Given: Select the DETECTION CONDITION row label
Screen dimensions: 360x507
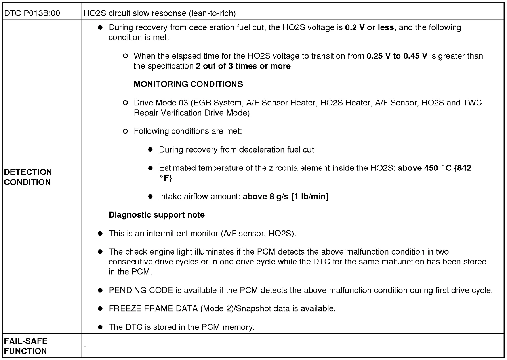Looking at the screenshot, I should coord(28,177).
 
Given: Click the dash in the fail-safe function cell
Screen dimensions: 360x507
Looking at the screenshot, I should coord(85,346).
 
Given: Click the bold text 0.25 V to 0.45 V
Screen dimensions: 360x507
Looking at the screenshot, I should coord(397,56).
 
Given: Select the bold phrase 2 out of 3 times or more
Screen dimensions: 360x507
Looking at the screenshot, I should coord(243,66).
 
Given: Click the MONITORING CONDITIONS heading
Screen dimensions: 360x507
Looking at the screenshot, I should coord(189,84).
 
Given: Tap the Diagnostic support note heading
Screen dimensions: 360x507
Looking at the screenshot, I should coord(157,215).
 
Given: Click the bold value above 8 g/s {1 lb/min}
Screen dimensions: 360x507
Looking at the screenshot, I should coord(286,196).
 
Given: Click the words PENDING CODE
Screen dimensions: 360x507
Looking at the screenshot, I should coord(141,290).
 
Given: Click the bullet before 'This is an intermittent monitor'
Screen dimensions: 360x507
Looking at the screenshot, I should coord(101,234).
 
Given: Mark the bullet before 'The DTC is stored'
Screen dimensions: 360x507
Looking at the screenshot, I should coord(101,327).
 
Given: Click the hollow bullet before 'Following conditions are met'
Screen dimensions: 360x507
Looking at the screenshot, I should coord(126,131).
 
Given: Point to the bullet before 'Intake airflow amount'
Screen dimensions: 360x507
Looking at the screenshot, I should coord(151,196).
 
